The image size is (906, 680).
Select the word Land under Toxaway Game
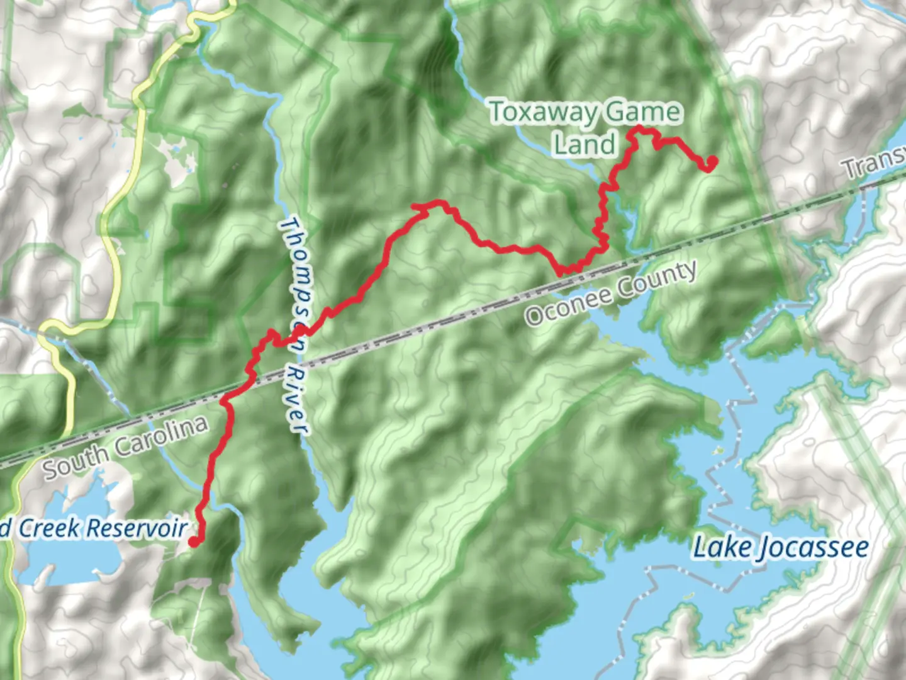584,144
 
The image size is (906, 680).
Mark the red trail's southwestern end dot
194,541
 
